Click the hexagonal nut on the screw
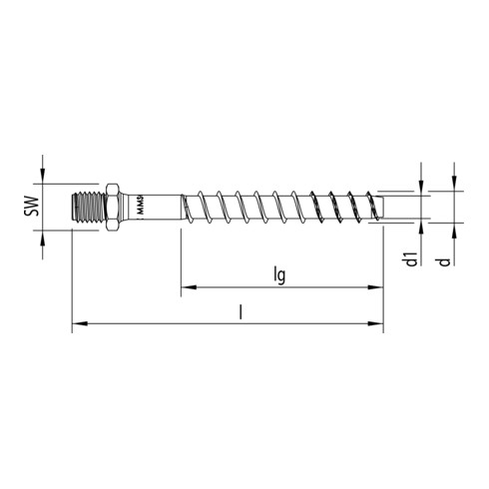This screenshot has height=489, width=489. [112, 207]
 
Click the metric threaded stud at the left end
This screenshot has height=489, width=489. [88, 207]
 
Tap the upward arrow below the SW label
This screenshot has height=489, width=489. [43, 237]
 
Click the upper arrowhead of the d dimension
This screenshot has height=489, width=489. [454, 186]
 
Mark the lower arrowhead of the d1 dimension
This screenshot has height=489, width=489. [423, 229]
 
